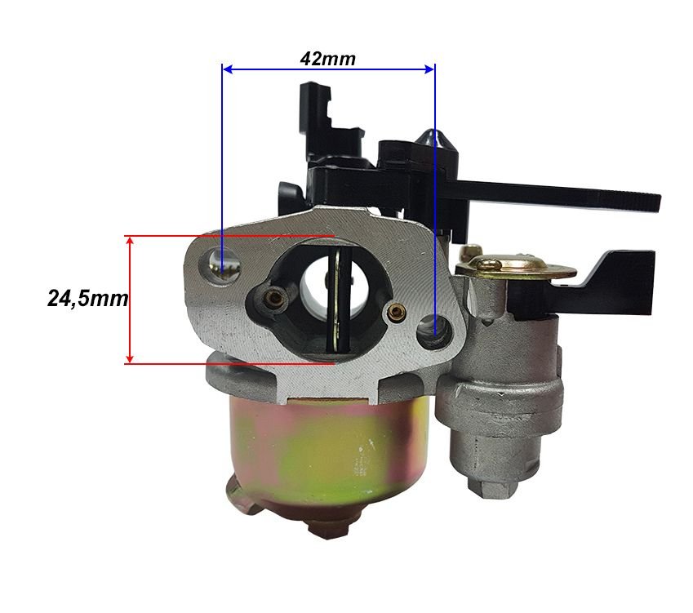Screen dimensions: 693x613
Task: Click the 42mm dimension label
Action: click(x=327, y=59)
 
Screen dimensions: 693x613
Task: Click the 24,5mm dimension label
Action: click(x=87, y=299)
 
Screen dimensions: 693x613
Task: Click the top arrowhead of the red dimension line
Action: click(x=130, y=242)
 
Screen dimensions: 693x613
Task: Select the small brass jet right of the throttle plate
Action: click(x=394, y=313)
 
